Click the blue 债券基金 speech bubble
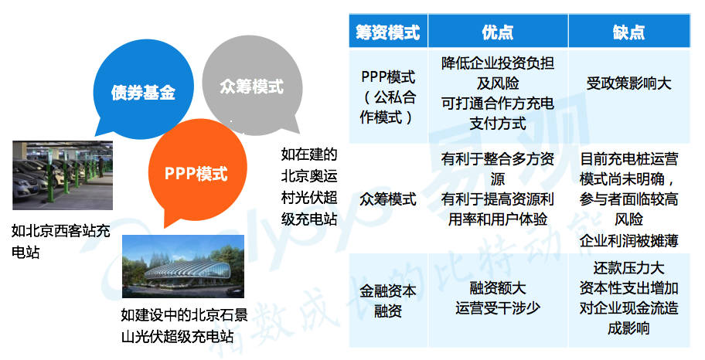[143, 90]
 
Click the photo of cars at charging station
[63, 175]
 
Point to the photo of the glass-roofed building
[183, 266]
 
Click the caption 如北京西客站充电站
[61, 241]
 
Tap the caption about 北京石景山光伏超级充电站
[184, 325]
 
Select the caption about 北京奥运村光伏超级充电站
[309, 186]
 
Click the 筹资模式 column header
[388, 31]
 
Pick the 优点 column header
[498, 31]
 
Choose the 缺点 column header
[629, 31]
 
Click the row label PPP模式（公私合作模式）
[388, 97]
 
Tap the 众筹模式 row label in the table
[388, 199]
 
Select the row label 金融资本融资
[388, 301]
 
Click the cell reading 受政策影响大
[629, 83]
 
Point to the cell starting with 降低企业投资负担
[498, 93]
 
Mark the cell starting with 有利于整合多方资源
[498, 188]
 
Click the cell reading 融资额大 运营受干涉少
[498, 298]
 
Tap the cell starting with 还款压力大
[629, 298]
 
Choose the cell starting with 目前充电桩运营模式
[629, 199]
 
